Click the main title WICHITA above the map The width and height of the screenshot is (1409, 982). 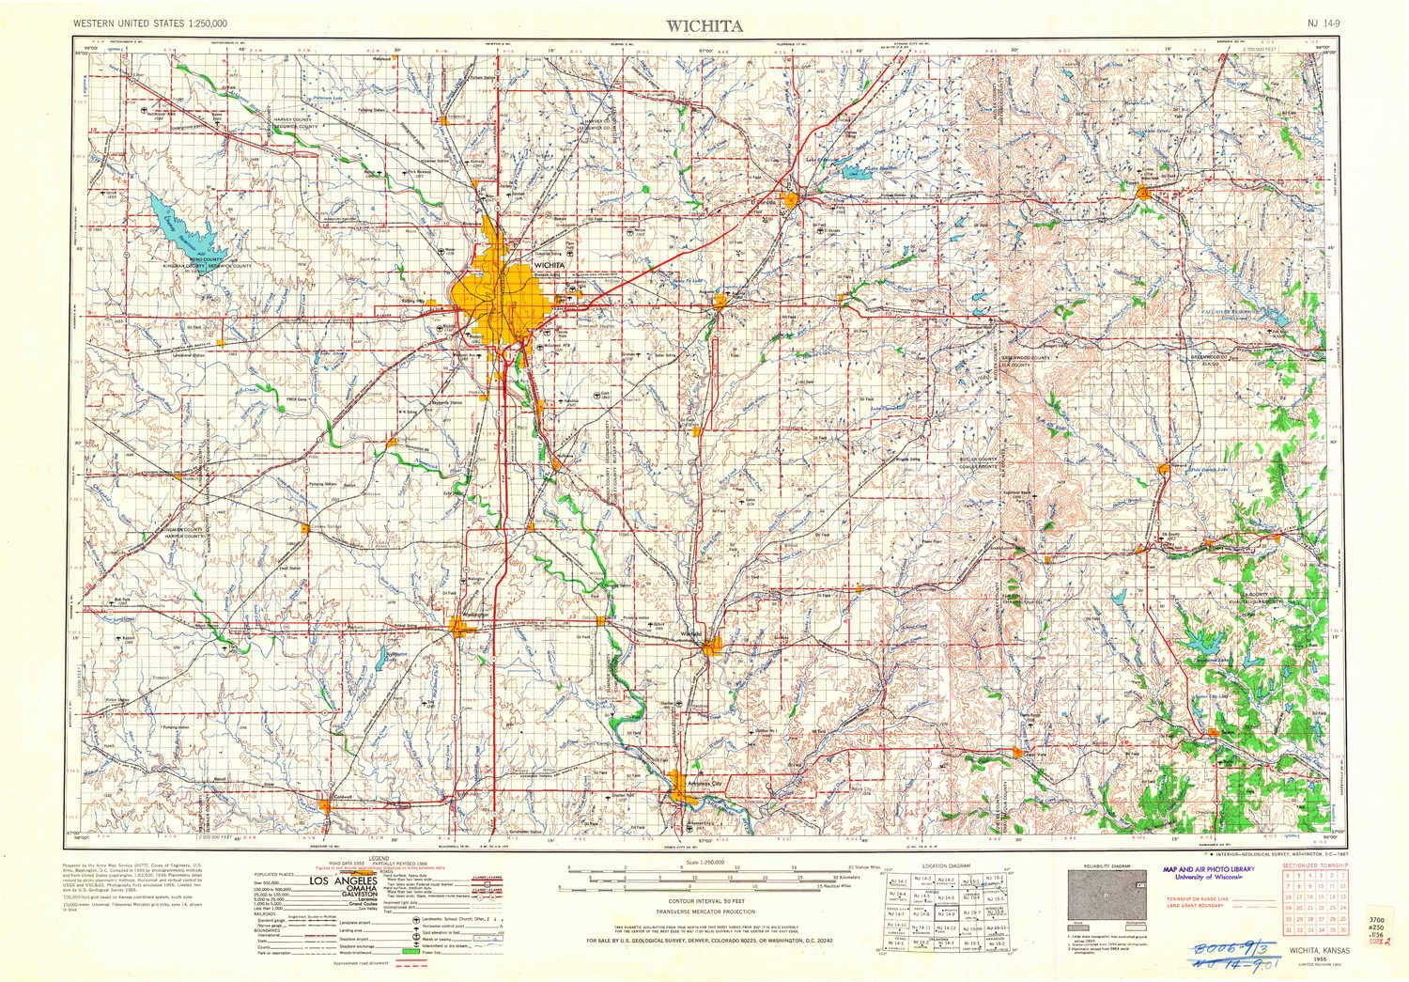point(704,25)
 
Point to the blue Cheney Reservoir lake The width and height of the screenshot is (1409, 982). point(184,225)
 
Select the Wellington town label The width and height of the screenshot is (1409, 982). point(476,615)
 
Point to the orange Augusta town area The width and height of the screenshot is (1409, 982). point(720,302)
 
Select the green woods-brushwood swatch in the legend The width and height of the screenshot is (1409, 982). point(408,952)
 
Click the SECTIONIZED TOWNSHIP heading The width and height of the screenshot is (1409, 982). point(1312,864)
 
